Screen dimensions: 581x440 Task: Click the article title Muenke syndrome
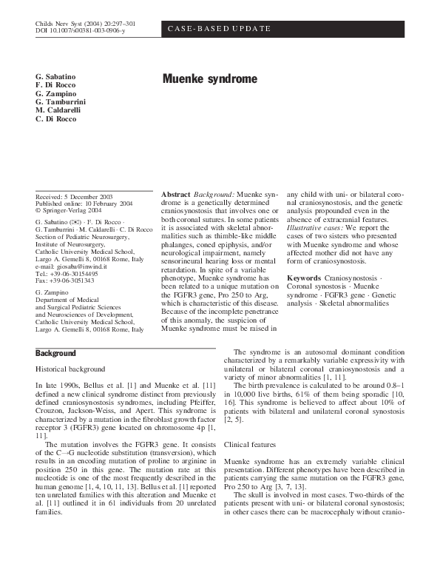(x=210, y=78)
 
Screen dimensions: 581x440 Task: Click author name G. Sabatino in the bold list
(x=55, y=77)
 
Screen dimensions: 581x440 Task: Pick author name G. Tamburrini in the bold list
(x=61, y=101)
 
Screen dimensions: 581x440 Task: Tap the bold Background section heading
(x=56, y=354)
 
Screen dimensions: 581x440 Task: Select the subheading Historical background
(x=71, y=368)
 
